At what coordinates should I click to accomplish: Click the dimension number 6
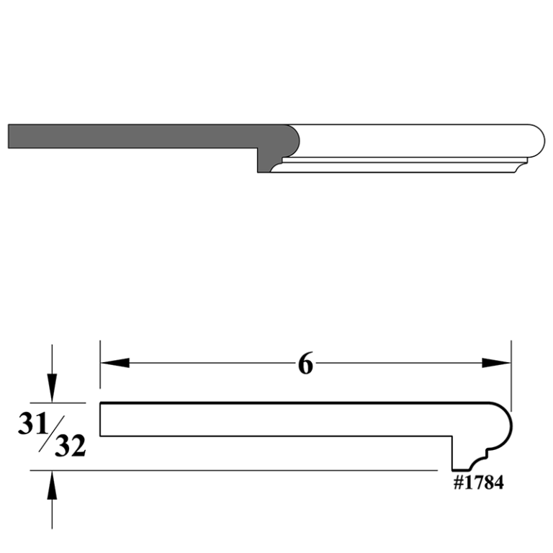tap(305, 364)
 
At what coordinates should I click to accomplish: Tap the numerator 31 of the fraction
tap(33, 425)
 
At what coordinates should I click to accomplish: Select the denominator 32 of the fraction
tap(70, 447)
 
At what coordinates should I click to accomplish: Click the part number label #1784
tap(478, 482)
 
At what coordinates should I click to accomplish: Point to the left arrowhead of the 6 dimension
tap(115, 362)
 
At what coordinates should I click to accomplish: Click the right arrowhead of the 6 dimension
tap(496, 362)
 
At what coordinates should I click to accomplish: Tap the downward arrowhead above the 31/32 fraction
tap(51, 390)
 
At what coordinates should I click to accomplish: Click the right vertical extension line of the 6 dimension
tap(511, 374)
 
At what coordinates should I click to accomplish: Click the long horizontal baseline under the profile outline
tap(230, 470)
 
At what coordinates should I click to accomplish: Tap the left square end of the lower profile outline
tap(100, 419)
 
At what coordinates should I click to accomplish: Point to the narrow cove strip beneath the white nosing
tap(403, 166)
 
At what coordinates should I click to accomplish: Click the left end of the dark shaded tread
tap(10, 136)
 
